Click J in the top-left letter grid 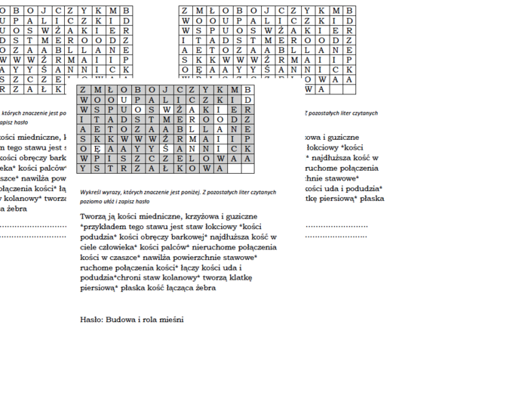(41, 11)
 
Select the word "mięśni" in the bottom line (171, 320)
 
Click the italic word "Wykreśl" (91, 193)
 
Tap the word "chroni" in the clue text (121, 277)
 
